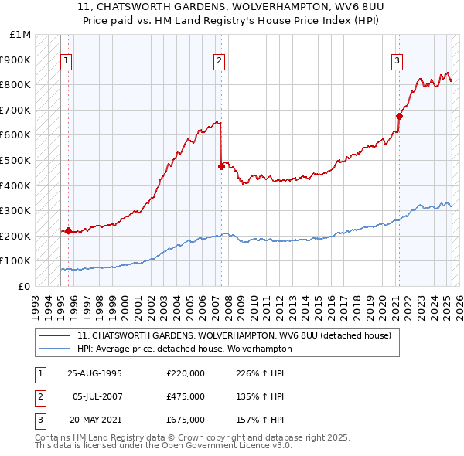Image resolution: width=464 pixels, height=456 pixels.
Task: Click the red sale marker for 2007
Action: coord(221,166)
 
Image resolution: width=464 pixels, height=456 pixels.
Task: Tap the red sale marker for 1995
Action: coord(68,230)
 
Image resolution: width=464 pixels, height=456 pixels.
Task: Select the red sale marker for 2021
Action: coord(399,116)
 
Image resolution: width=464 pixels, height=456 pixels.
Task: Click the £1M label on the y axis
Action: coord(21,35)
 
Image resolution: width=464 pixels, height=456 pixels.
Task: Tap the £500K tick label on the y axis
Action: coord(16,160)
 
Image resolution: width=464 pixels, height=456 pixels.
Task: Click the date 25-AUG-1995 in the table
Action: coord(94,373)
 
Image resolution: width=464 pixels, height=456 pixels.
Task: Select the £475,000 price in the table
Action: coord(186,396)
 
